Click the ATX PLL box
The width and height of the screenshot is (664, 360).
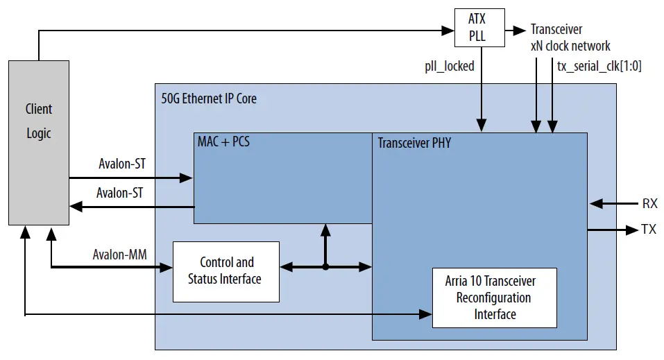477,28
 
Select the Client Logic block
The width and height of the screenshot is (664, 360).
39,142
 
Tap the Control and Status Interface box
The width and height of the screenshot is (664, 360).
225,271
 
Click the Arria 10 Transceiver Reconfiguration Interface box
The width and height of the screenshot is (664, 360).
494,298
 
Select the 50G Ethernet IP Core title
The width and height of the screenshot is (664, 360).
208,98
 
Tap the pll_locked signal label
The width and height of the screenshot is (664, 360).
450,66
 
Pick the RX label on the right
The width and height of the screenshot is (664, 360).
649,204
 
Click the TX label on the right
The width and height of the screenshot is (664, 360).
649,230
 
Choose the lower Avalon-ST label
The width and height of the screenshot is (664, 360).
119,193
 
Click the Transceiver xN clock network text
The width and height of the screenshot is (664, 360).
570,37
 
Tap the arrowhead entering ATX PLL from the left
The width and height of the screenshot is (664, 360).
448,30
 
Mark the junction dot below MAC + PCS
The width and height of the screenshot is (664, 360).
325,266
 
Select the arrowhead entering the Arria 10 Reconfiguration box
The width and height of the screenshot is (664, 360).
426,315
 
